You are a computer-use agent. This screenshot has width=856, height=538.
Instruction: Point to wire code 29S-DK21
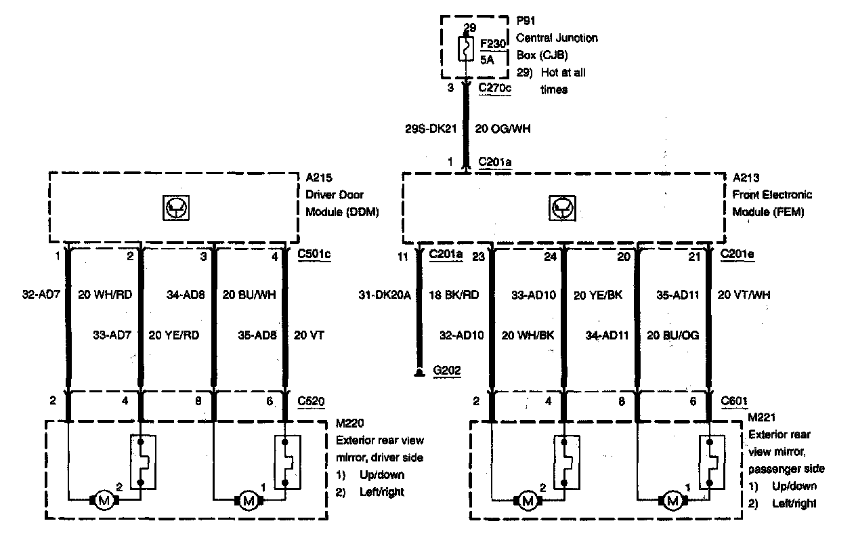(430, 129)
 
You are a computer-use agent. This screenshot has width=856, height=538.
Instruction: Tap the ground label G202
(446, 371)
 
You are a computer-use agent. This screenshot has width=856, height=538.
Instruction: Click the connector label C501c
(314, 255)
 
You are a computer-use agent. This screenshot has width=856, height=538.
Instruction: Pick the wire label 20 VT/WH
(743, 295)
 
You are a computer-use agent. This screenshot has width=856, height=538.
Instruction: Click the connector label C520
(311, 400)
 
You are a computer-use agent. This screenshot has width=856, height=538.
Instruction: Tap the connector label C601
(735, 400)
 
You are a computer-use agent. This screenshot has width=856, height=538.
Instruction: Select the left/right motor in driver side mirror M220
(104, 501)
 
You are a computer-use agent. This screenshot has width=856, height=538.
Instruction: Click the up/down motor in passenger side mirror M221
(672, 501)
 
